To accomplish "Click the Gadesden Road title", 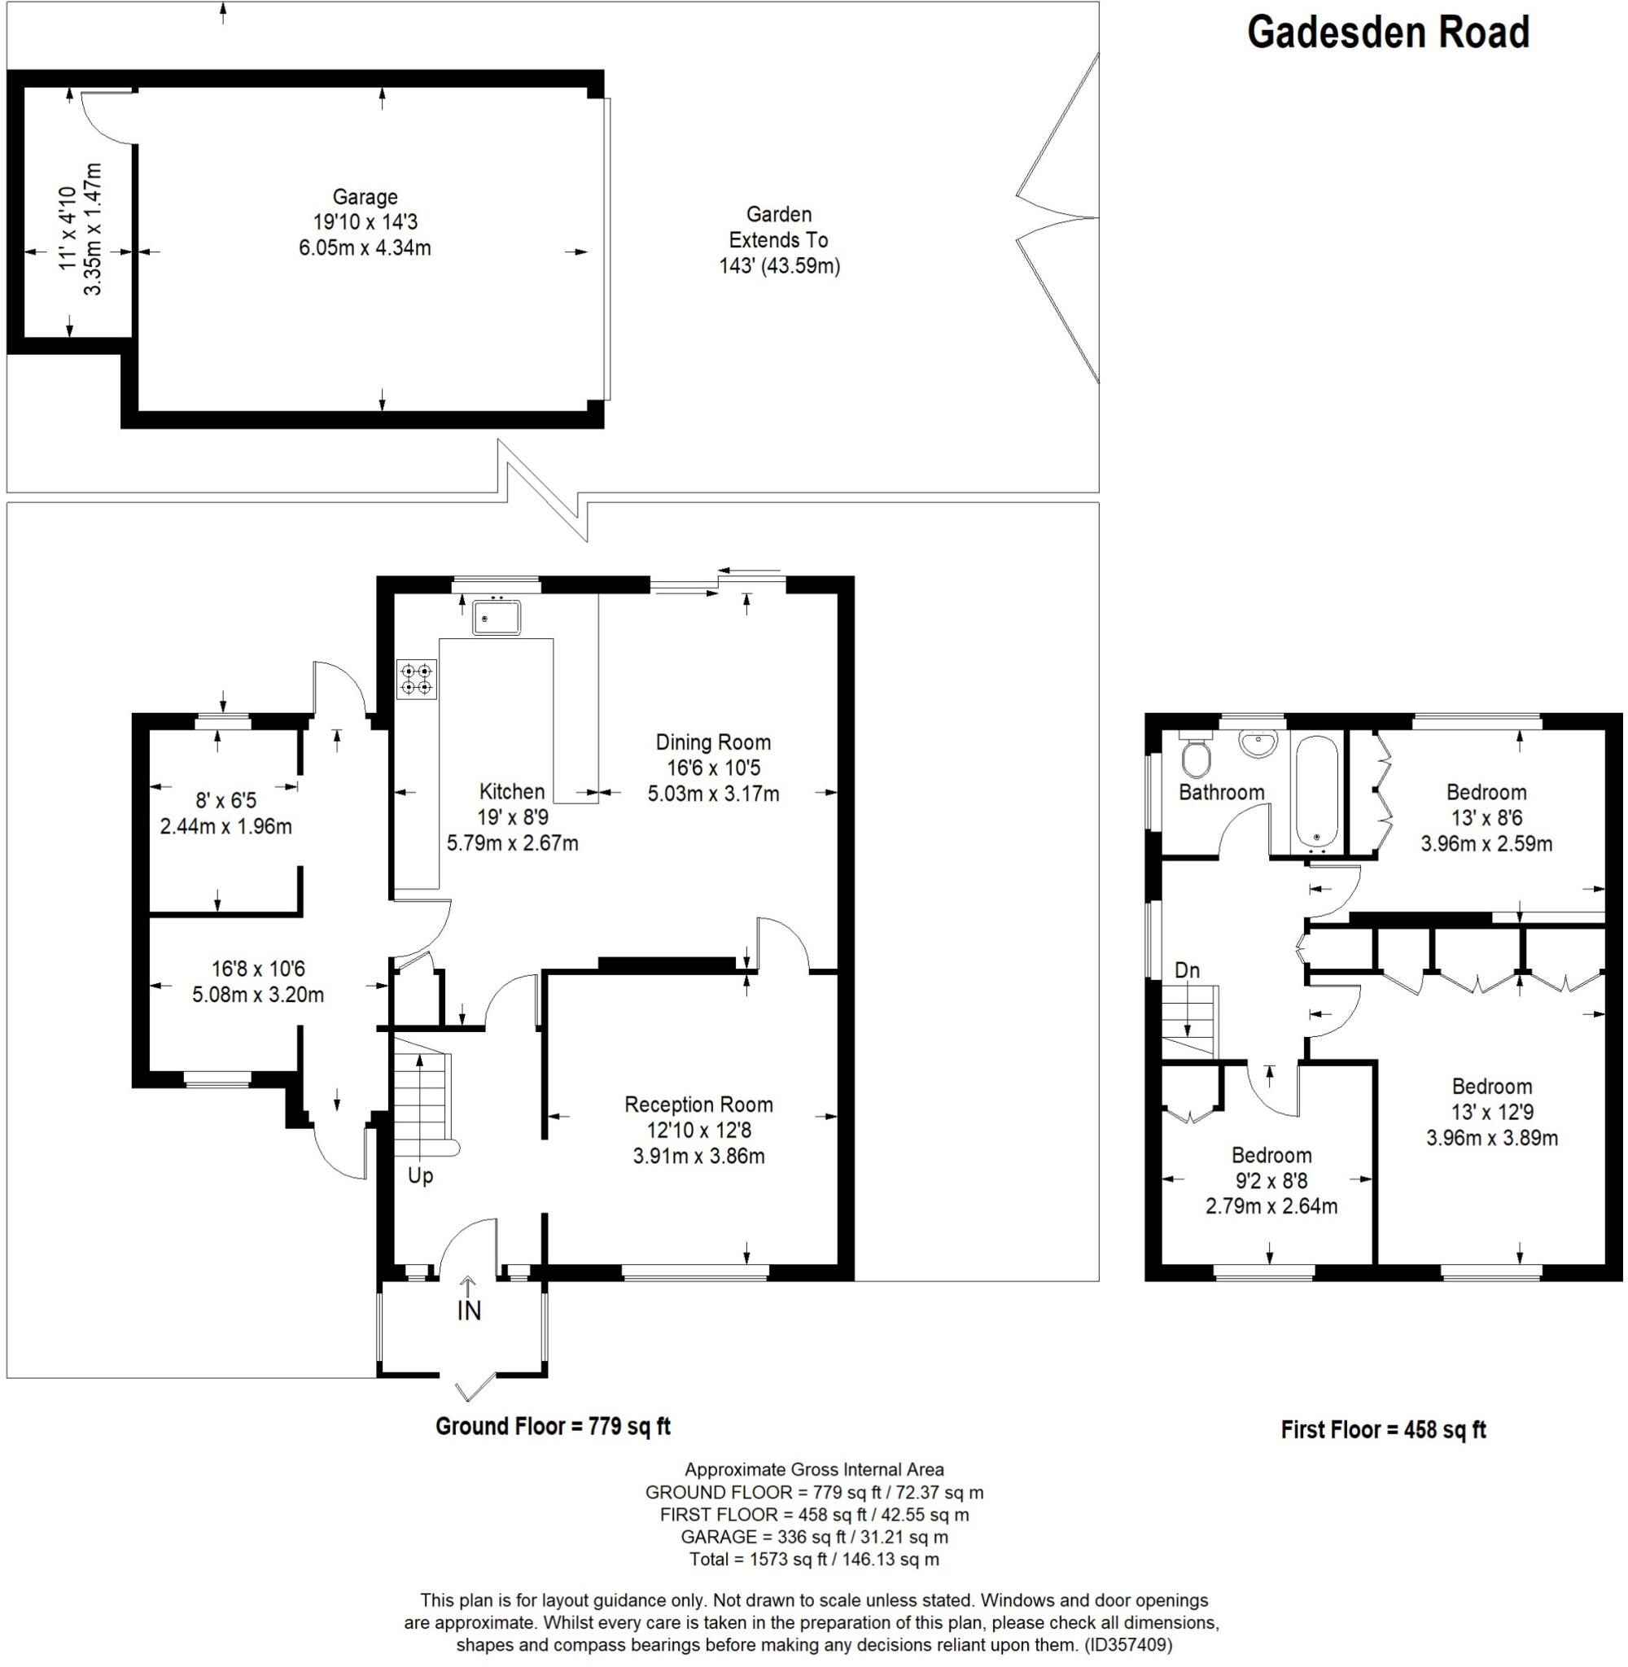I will coord(1387,33).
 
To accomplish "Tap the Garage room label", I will coord(365,198).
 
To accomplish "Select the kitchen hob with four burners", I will coord(417,680).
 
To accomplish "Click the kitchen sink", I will coord(497,617).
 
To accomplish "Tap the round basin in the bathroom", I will coord(1258,744).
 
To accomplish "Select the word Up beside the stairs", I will coord(420,1176).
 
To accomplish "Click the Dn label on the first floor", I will coord(1187,970).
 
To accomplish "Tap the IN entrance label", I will coord(470,1310).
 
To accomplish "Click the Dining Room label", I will coord(713,742).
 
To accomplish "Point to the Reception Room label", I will coord(698,1105).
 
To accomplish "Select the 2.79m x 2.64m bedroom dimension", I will coord(1271,1207).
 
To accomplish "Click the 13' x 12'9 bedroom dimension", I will coord(1491,1112).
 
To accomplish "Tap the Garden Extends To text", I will coord(778,227).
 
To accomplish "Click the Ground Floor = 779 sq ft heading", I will coord(554,1426).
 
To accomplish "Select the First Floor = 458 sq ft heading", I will coord(1383,1429).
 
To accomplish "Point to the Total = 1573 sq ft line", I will coord(814,1560).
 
